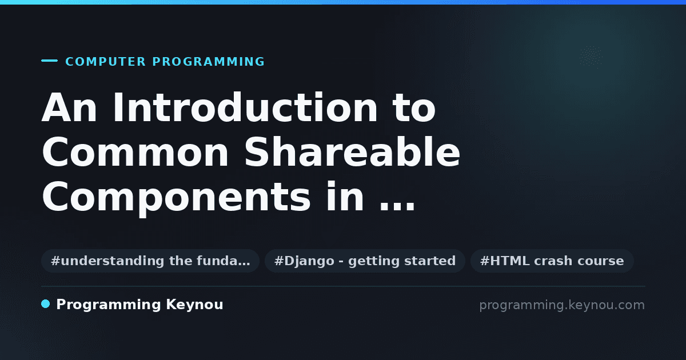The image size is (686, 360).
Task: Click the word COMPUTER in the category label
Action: (x=105, y=62)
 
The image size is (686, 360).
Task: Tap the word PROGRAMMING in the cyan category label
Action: (x=209, y=62)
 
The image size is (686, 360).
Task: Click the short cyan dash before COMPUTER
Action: (x=49, y=61)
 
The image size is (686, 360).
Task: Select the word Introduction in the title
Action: (x=245, y=108)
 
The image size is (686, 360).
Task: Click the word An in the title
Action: (x=69, y=108)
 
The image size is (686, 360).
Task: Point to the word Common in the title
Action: (x=135, y=152)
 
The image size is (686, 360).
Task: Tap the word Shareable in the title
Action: (x=352, y=152)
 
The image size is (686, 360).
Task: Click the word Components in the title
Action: (x=176, y=197)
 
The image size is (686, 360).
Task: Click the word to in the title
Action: (x=414, y=108)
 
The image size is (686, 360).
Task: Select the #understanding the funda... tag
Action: (x=150, y=261)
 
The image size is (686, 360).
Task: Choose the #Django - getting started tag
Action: (x=365, y=261)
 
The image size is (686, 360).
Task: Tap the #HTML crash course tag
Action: (x=552, y=261)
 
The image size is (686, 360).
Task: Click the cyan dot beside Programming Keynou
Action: (x=46, y=304)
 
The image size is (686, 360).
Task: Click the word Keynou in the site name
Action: (x=194, y=305)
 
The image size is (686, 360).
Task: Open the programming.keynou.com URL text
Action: (x=562, y=305)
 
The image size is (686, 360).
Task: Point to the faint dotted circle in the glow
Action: (x=591, y=57)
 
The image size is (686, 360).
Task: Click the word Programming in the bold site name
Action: (x=109, y=305)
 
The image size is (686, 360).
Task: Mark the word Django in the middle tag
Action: (x=309, y=261)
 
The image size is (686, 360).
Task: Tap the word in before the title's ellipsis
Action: (x=345, y=197)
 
